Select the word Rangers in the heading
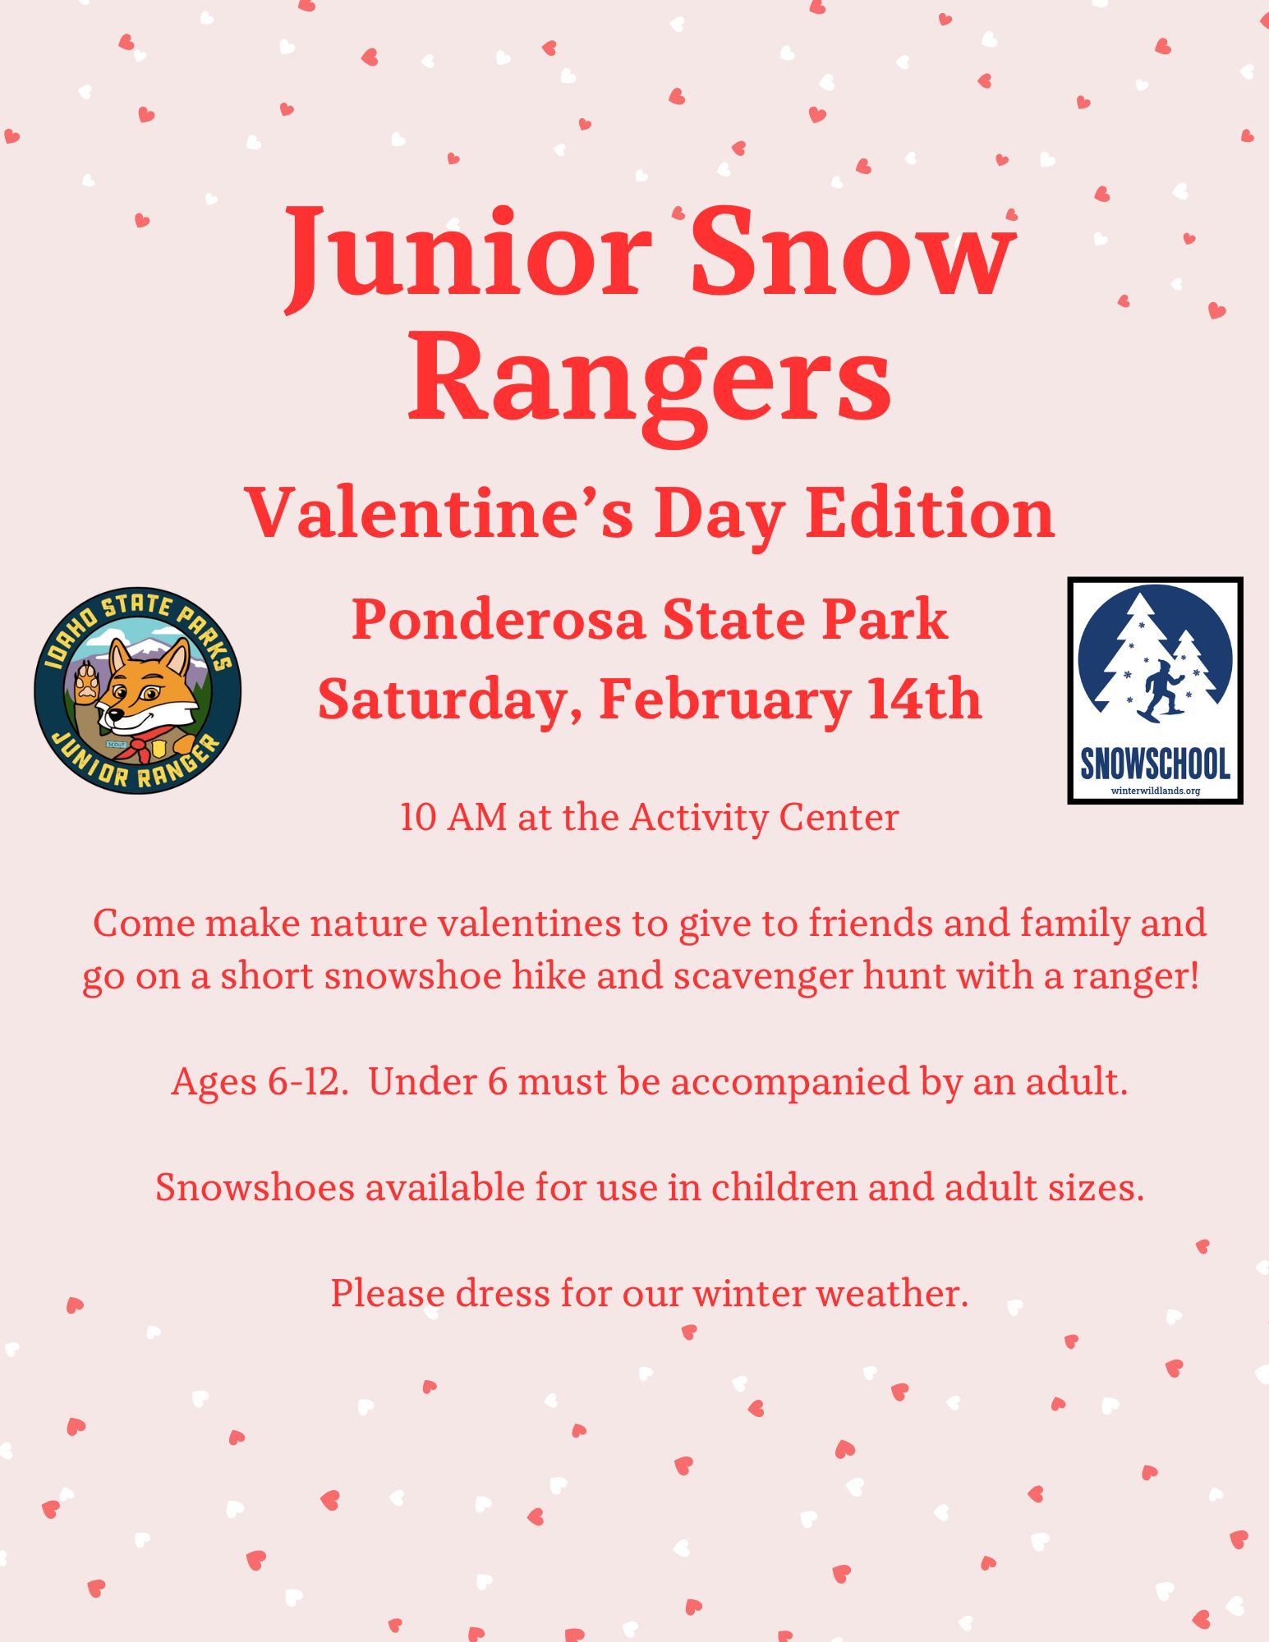[x=650, y=383]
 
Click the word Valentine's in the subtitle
[x=440, y=513]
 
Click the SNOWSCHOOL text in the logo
[x=1155, y=764]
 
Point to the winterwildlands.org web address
[x=1155, y=791]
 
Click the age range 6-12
[x=303, y=1082]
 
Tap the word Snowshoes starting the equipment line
[x=255, y=1187]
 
